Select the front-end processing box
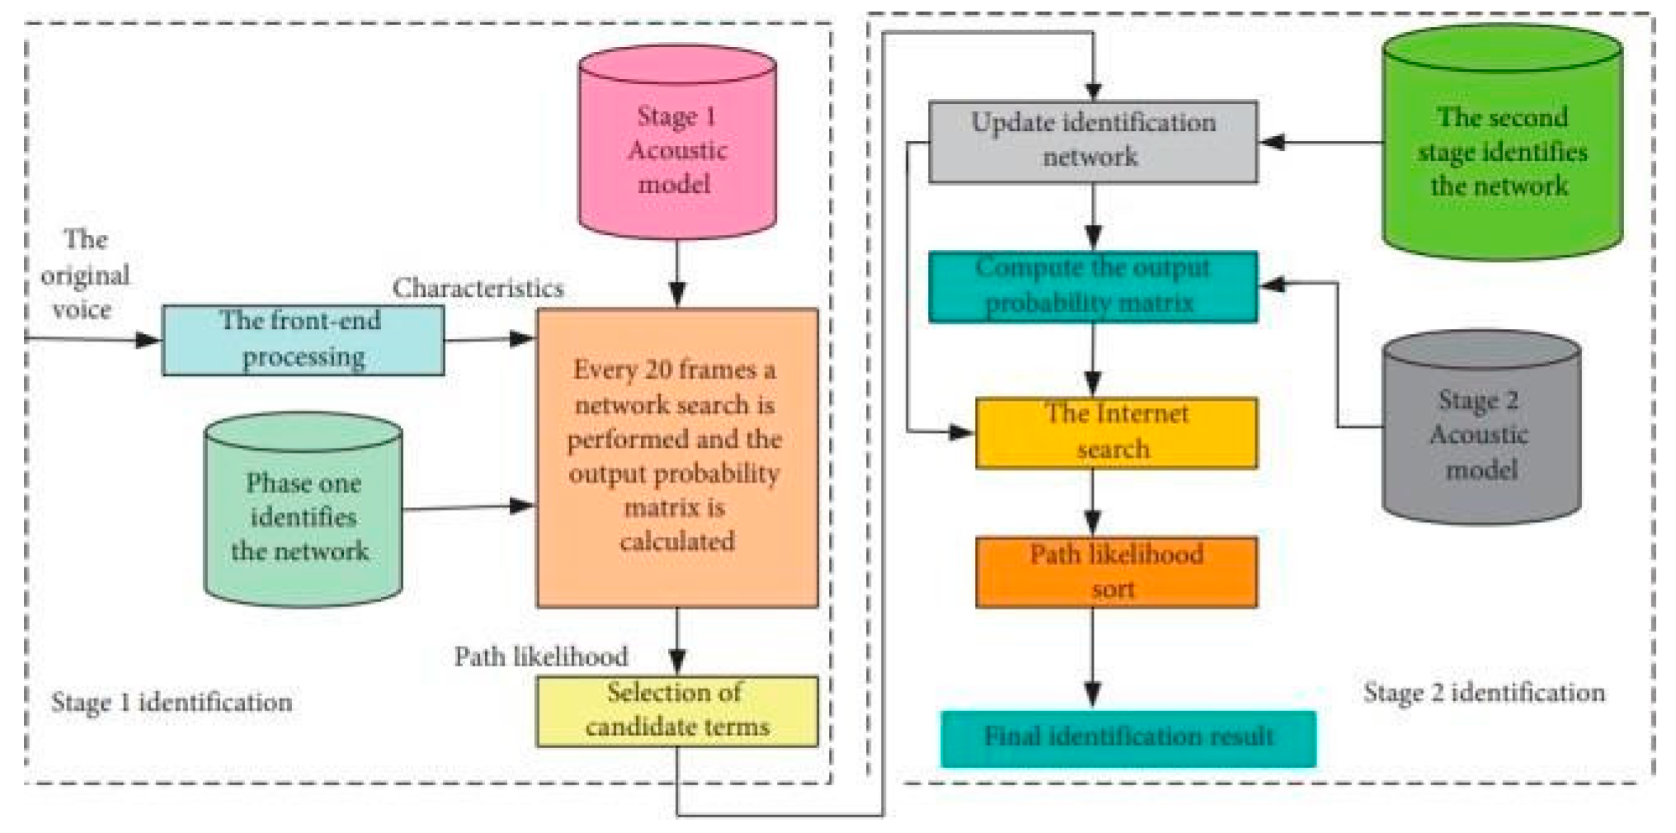pos(303,340)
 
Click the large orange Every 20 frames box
pos(676,458)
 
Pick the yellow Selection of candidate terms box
pos(676,711)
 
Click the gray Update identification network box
pos(1092,141)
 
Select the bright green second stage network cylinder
pos(1501,148)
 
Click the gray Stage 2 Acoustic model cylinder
pos(1481,433)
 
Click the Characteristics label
pos(478,288)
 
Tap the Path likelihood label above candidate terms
pos(541,657)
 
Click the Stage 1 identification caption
pos(172,703)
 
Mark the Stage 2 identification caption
pos(1483,693)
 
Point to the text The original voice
pos(84,275)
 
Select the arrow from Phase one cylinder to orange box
pos(468,506)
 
